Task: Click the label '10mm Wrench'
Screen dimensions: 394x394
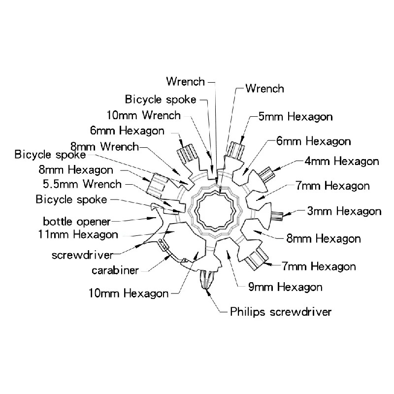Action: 143,115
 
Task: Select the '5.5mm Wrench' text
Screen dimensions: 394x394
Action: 82,184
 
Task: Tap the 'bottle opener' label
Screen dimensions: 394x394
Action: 77,222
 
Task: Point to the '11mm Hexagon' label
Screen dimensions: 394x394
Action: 78,235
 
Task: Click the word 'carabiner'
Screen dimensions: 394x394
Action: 115,270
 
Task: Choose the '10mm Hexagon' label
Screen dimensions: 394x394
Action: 129,293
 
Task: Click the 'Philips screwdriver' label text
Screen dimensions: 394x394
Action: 281,312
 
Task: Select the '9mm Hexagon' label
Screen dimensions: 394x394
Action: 285,287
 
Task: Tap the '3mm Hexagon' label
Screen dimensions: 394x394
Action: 344,211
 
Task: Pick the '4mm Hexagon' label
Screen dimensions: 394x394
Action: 342,161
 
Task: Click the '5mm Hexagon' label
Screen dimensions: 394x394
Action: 295,117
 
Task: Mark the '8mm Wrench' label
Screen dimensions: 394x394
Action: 104,146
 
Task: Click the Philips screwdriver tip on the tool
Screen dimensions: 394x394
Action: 206,279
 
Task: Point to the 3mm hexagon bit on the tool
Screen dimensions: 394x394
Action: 277,214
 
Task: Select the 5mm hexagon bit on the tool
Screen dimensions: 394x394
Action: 236,150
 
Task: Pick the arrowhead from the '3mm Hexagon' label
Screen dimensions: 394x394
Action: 287,214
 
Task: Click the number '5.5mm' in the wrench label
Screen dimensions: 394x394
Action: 60,184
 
